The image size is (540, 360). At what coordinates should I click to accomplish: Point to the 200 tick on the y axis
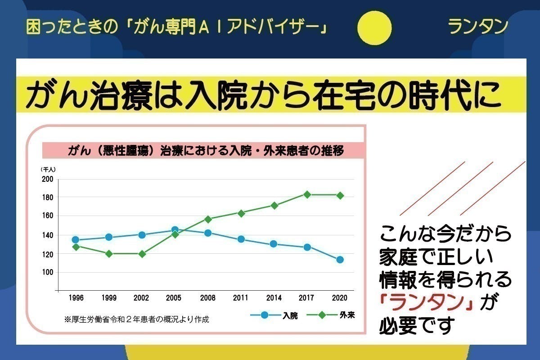[48, 179]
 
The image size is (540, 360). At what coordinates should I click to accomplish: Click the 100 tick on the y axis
[48, 272]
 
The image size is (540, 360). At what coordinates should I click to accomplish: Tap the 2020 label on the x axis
[340, 298]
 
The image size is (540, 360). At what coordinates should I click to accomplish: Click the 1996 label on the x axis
[76, 298]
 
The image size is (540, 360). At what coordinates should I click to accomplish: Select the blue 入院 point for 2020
[340, 260]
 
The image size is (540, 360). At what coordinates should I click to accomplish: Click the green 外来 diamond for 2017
[307, 195]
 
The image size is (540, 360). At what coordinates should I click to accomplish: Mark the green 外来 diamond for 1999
[109, 254]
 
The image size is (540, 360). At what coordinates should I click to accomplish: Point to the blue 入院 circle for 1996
[76, 240]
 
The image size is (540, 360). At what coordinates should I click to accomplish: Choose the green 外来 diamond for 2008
[208, 219]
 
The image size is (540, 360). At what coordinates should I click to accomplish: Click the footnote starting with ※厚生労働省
[137, 320]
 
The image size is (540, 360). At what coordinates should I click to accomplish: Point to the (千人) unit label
[48, 170]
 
